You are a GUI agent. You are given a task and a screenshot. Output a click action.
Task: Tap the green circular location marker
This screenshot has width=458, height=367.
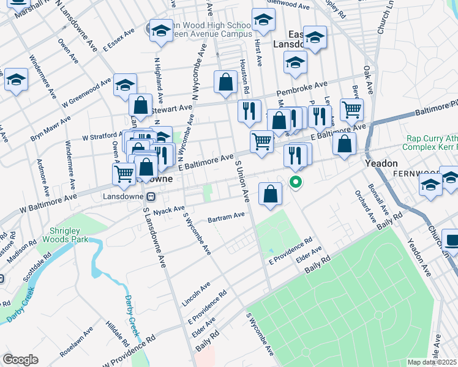(x=296, y=182)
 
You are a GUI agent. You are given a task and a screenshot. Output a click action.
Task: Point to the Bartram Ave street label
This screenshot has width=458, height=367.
(x=226, y=215)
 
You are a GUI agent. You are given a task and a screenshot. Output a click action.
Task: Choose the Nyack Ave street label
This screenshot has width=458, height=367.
(x=170, y=210)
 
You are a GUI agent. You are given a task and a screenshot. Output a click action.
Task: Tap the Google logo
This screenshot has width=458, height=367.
(x=20, y=359)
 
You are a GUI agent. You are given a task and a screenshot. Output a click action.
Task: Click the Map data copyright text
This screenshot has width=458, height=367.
(x=432, y=361)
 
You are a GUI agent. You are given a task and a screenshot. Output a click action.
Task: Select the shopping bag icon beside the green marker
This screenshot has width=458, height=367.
(x=270, y=195)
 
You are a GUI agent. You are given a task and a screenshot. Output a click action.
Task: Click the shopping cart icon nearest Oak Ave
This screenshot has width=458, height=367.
(x=351, y=110)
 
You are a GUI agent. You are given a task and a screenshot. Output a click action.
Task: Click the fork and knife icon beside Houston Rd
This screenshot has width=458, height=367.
(x=249, y=110)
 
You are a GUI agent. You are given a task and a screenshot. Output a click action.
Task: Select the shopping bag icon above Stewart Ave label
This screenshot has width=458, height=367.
(x=141, y=105)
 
